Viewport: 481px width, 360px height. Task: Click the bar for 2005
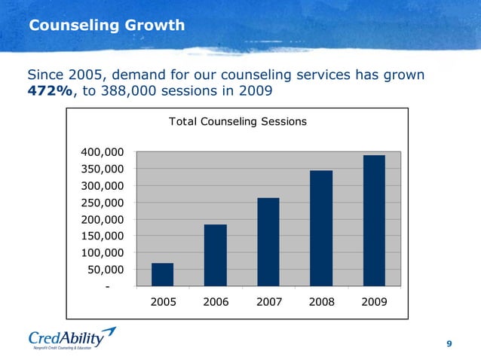point(162,274)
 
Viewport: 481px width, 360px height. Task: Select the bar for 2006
point(215,255)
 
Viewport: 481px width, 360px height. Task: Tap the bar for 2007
point(268,242)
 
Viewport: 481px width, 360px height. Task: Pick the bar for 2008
point(321,228)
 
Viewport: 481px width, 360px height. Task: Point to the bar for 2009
point(374,221)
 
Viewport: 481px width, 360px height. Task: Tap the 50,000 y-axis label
point(110,270)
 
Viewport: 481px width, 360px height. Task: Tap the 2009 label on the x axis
point(374,301)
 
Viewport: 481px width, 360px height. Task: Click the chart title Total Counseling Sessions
point(237,121)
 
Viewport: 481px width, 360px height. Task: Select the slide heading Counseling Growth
point(106,26)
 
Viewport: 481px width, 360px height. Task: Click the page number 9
point(449,343)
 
